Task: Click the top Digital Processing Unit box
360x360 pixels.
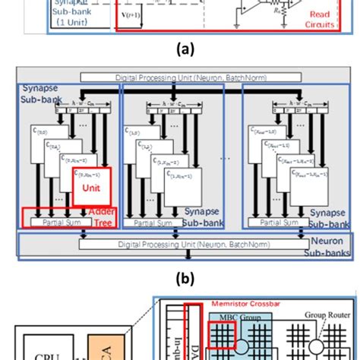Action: [x=180, y=77]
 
